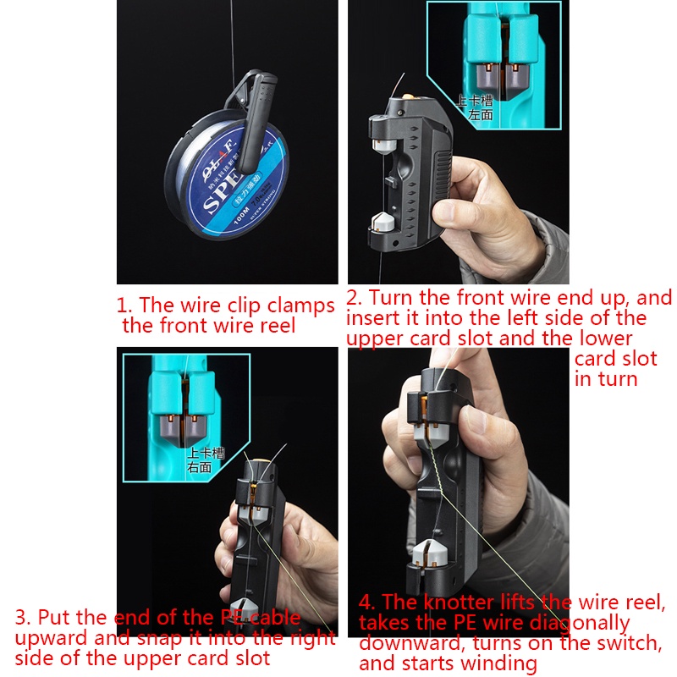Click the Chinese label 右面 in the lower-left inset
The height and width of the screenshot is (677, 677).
coord(200,466)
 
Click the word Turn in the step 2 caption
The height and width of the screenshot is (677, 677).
coord(391,298)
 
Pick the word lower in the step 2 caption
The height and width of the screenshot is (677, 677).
coord(604,338)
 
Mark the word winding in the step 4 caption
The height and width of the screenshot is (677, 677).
coord(498,663)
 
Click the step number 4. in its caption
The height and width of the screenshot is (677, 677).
coord(366,603)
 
